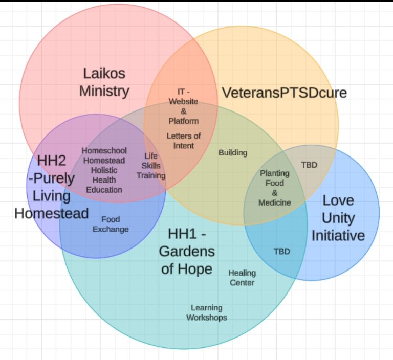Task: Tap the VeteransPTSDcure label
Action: [284, 93]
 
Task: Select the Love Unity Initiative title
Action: [338, 218]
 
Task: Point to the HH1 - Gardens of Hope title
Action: [186, 252]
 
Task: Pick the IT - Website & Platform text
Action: [184, 106]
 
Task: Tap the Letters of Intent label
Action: [184, 141]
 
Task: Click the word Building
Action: [233, 152]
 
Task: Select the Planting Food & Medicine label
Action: [274, 188]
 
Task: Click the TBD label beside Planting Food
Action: [309, 165]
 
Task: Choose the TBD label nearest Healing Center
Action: [281, 252]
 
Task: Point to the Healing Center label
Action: [242, 278]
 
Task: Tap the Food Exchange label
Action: [111, 224]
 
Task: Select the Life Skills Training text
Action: [150, 166]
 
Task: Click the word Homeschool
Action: [104, 151]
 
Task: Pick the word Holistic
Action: [104, 170]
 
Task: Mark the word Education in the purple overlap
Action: [104, 190]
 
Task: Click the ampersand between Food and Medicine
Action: [274, 193]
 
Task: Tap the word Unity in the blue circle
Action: [338, 218]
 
